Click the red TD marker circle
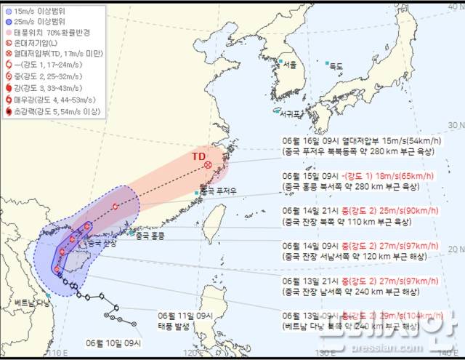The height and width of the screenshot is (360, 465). pos(209,165)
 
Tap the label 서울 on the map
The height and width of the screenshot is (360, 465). pos(291,65)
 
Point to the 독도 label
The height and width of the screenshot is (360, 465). pos(336,66)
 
